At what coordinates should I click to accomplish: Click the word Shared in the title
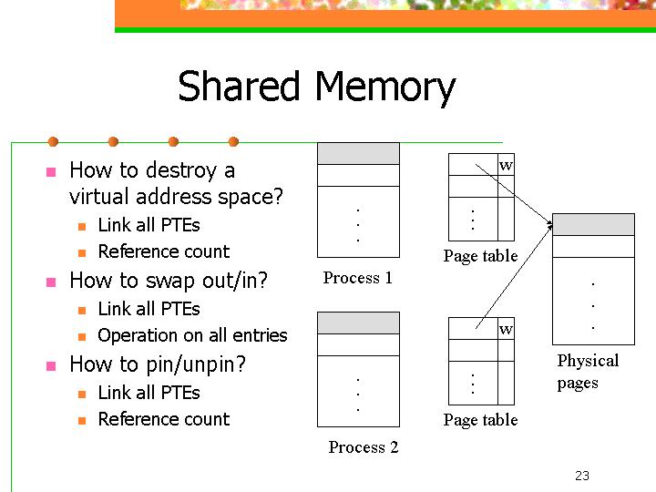(239, 86)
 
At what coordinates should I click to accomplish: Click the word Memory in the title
(384, 88)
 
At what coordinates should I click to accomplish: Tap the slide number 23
(582, 476)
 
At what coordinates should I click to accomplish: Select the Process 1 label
(358, 278)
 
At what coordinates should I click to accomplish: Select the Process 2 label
(364, 446)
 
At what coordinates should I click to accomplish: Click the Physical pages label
(588, 372)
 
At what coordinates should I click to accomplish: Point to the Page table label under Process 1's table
(481, 256)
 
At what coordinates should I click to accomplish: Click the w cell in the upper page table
(506, 164)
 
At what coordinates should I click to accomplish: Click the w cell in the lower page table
(506, 328)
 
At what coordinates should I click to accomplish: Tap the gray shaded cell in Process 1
(359, 154)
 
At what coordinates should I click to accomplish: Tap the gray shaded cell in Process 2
(359, 323)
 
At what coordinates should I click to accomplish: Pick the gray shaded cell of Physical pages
(594, 225)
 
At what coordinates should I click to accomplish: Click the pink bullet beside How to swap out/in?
(51, 282)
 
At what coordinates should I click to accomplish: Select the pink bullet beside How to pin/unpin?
(51, 365)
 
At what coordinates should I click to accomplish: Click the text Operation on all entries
(192, 335)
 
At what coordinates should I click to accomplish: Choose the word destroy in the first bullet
(180, 170)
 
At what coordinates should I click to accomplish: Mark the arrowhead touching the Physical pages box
(549, 225)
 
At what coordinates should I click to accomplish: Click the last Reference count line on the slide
(164, 419)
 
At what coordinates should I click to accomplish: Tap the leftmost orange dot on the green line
(53, 142)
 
